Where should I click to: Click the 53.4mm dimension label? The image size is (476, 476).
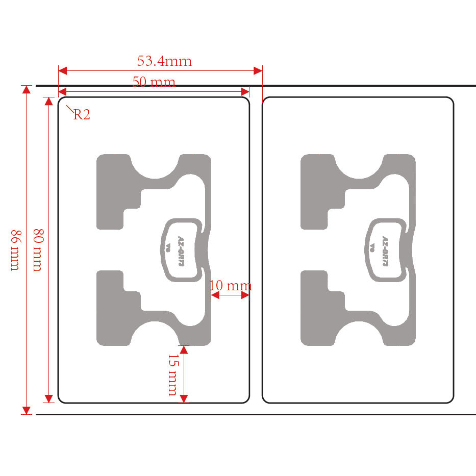point(164,61)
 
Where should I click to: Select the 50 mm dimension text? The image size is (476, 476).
point(154,82)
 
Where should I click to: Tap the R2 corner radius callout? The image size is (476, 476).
point(82,114)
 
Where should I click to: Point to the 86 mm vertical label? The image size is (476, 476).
point(15,250)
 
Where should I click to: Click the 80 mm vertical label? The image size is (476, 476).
point(37,250)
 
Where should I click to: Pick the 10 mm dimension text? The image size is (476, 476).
point(231,285)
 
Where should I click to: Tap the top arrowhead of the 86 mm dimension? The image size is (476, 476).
point(26,89)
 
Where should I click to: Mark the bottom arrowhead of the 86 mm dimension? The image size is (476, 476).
point(26,410)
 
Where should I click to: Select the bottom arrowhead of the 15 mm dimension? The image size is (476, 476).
point(184,398)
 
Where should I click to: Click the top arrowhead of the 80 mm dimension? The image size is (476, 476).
point(48,101)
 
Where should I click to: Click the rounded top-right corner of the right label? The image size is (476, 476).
point(451,99)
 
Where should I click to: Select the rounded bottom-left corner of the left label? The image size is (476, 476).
point(61,400)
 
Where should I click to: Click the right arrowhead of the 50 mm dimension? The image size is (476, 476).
point(245,92)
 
